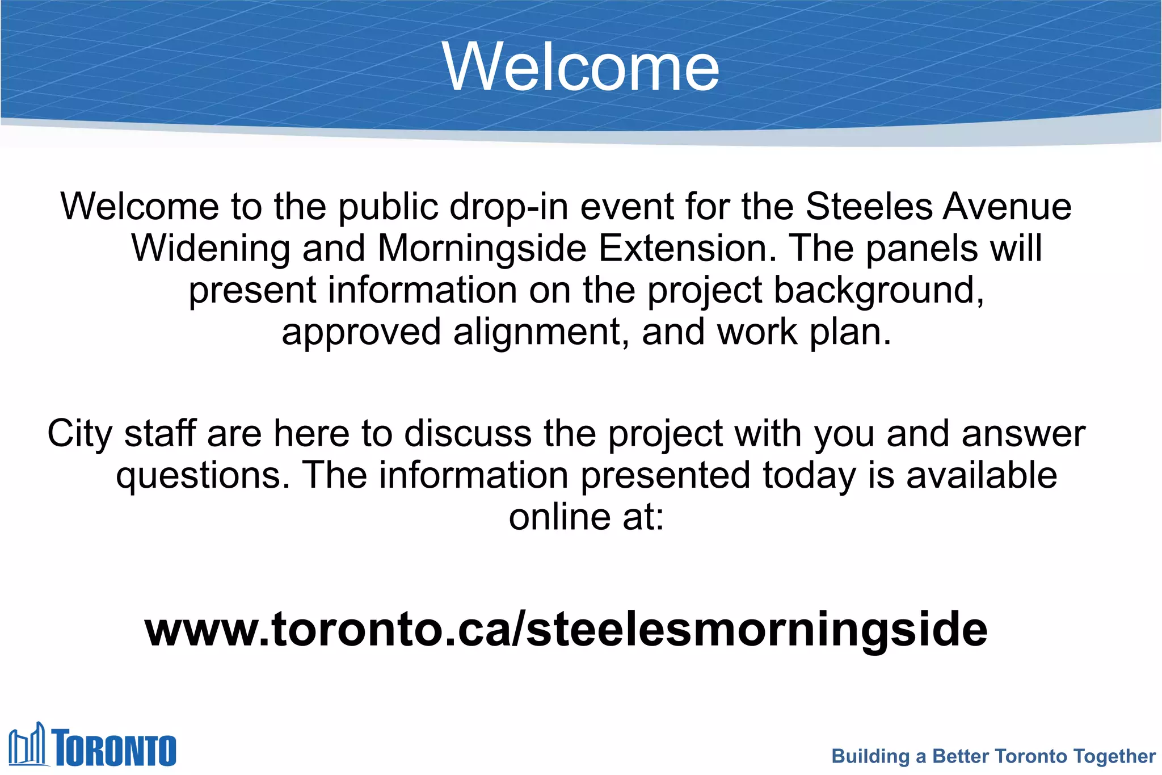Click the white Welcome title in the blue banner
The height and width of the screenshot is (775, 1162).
(581, 67)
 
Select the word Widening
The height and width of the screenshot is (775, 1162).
(210, 248)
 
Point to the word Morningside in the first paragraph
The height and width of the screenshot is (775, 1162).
(482, 248)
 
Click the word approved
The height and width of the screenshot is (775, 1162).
(361, 332)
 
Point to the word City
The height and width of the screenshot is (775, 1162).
(80, 433)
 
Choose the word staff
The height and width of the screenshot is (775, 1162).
(161, 433)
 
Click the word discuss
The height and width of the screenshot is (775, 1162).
(468, 433)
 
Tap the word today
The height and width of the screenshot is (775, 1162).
(809, 475)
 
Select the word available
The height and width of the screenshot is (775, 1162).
(982, 475)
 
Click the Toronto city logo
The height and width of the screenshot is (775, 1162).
(92, 744)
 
